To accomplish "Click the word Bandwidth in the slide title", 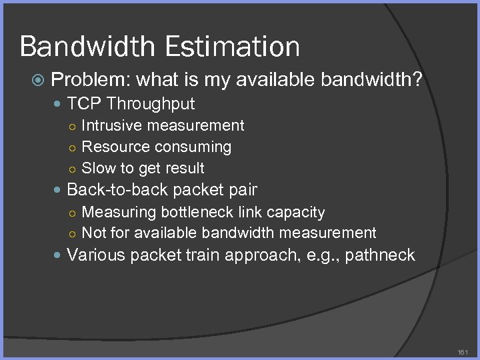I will tap(87, 47).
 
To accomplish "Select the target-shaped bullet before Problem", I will tap(38, 81).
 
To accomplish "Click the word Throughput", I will tap(151, 103).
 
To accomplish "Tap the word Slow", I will tap(97, 168).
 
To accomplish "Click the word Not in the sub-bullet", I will tap(93, 233).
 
